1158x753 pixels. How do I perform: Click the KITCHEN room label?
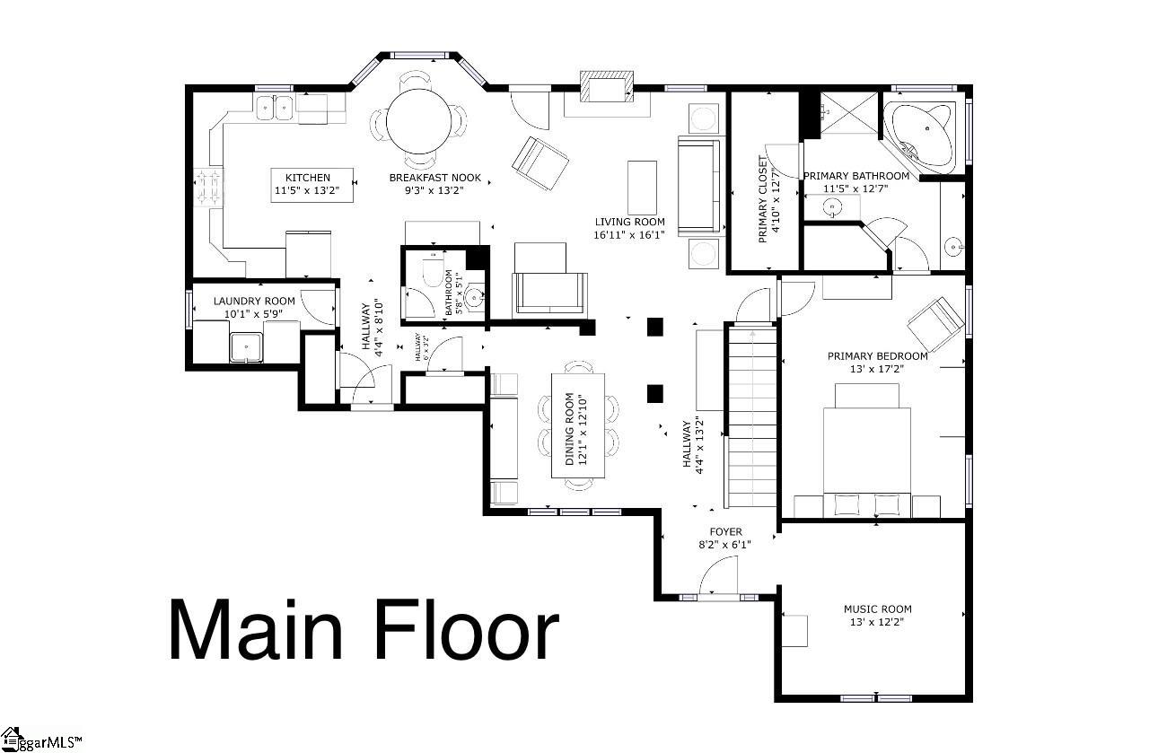coord(308,178)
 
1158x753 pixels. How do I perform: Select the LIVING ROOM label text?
coord(629,222)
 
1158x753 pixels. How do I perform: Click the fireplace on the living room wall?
coord(606,88)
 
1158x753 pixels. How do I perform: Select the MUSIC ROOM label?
coord(877,609)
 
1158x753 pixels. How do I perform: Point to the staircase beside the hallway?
coord(751,417)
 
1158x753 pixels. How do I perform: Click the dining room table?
coord(577,426)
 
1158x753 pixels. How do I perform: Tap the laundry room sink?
coord(246,346)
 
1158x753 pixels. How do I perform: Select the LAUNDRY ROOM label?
coord(254,301)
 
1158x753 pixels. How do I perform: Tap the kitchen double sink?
coord(275,108)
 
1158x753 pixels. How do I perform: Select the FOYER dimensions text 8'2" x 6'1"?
coord(724,544)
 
